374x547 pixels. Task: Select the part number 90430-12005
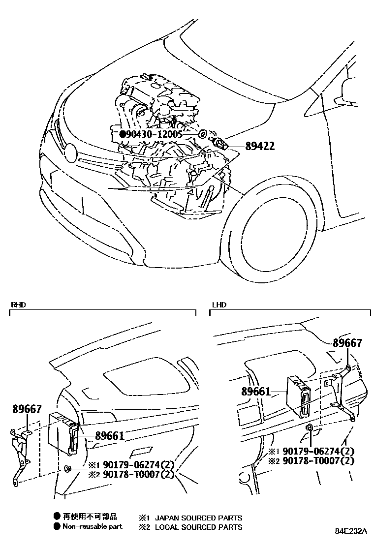[155, 134]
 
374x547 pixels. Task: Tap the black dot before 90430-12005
[123, 134]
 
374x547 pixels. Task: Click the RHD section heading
[18, 305]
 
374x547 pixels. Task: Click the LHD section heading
[219, 305]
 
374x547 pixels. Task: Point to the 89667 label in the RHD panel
[27, 409]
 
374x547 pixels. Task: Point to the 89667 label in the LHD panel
[347, 343]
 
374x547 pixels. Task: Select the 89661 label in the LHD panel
[256, 392]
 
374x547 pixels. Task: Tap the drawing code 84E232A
[351, 532]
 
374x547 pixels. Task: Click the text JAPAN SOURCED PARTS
[198, 517]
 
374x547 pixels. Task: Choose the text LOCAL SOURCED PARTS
[198, 527]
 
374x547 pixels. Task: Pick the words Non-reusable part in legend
[92, 526]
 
